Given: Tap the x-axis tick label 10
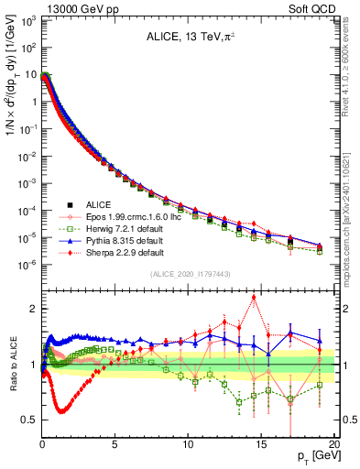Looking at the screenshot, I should click(188, 446).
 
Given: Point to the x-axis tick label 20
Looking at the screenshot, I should click(334, 446).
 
